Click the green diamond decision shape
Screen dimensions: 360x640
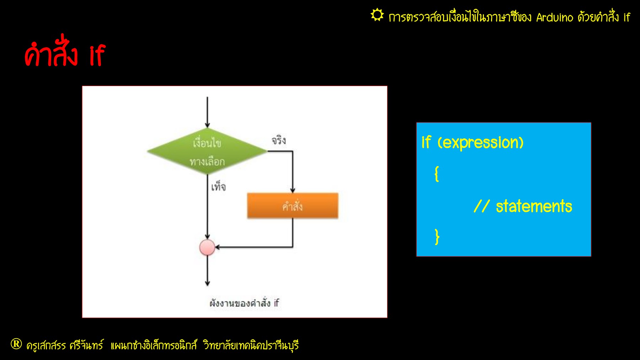pos(207,152)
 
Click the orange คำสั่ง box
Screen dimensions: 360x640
pos(293,206)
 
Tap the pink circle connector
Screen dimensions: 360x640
pos(207,247)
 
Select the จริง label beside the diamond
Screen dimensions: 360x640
pos(279,140)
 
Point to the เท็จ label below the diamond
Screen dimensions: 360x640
pos(218,186)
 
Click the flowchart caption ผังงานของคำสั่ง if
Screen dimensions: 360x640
pos(244,303)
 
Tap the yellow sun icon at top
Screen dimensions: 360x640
pos(377,15)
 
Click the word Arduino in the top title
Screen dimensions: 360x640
pos(555,17)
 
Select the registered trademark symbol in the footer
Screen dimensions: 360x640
pos(16,344)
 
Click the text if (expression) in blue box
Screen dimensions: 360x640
pos(473,142)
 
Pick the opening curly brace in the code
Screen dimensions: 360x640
pos(437,174)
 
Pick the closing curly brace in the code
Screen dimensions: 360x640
pos(437,237)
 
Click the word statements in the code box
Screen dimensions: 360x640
pos(534,206)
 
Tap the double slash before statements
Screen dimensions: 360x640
pos(482,206)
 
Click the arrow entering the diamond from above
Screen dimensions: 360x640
pos(207,112)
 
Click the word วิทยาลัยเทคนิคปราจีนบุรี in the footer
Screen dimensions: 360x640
pos(251,345)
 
